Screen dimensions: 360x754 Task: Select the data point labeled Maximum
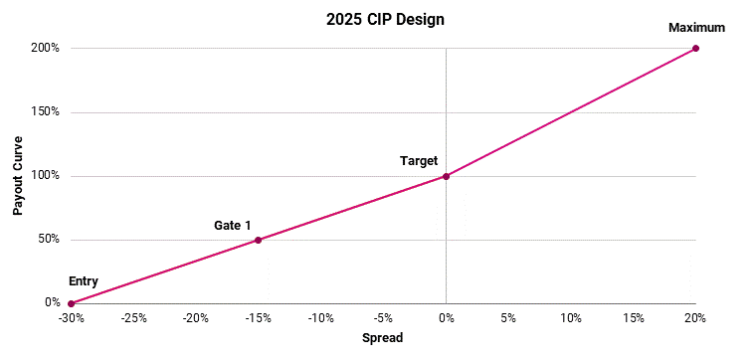click(x=695, y=48)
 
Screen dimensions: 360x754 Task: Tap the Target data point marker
click(x=446, y=176)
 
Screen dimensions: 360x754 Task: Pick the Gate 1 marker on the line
click(x=258, y=240)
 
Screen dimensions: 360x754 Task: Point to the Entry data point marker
click(x=71, y=303)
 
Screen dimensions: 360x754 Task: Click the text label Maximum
click(x=696, y=27)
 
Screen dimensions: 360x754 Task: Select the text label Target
click(x=418, y=160)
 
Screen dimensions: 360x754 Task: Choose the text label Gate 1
click(x=232, y=225)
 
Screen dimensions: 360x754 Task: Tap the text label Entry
click(x=84, y=281)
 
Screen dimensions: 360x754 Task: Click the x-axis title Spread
click(x=382, y=338)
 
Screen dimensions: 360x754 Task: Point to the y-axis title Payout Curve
click(x=18, y=176)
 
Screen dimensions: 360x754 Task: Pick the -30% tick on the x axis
click(x=71, y=318)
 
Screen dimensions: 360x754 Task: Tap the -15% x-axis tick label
click(x=258, y=318)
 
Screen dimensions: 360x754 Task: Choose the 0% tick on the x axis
click(x=446, y=318)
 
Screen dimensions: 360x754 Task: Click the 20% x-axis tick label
click(x=695, y=318)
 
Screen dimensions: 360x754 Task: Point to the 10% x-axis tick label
click(x=571, y=318)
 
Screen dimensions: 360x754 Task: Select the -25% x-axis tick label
click(x=133, y=318)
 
